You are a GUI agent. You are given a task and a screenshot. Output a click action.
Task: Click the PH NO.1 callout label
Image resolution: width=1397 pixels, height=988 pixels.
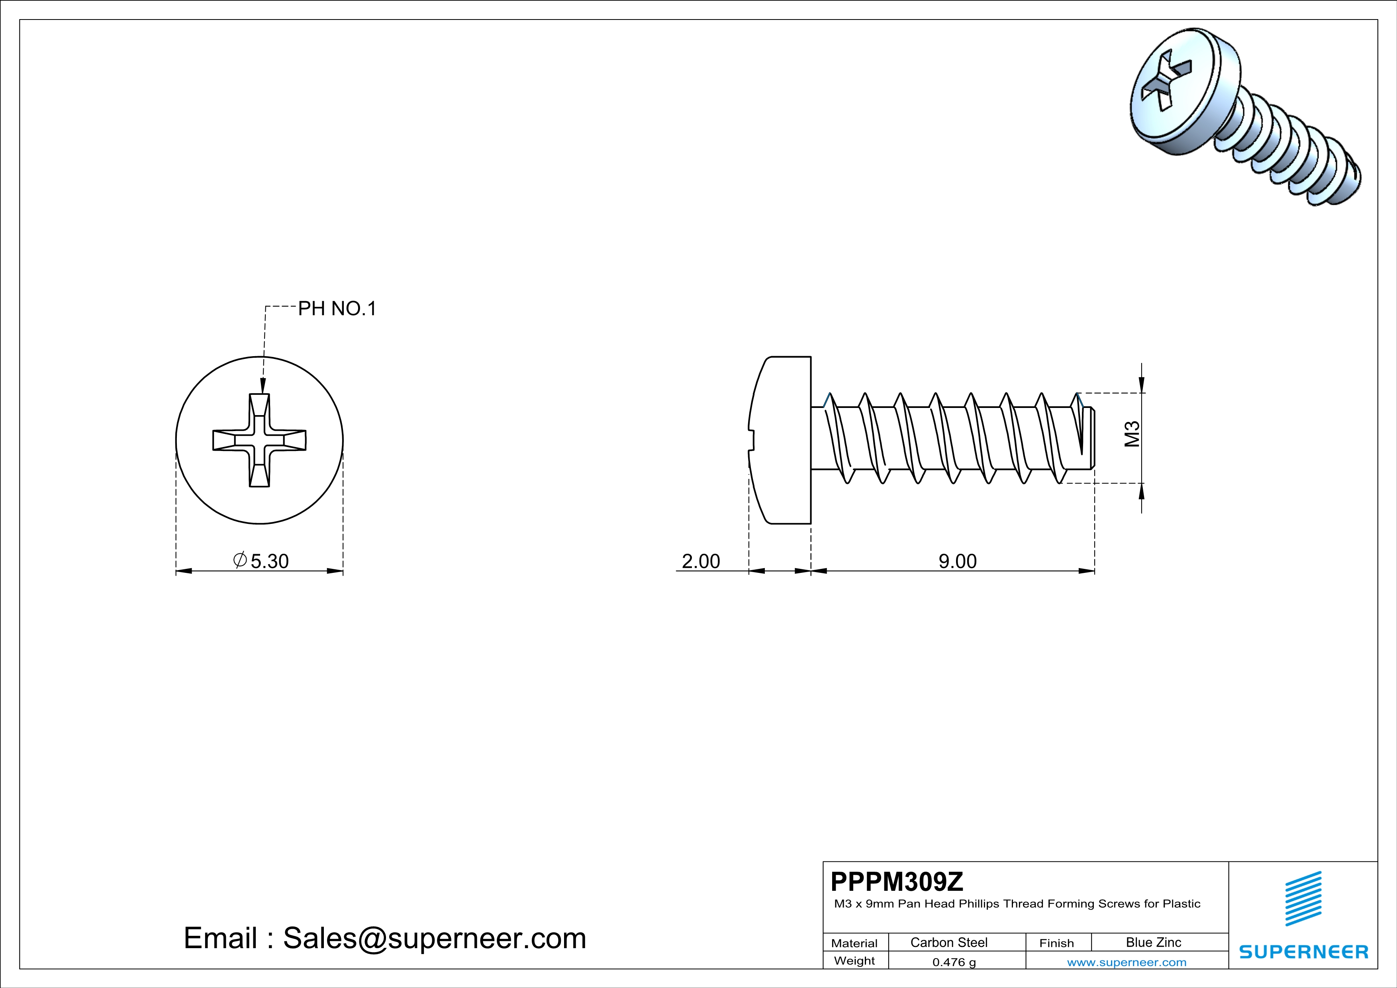click(x=337, y=309)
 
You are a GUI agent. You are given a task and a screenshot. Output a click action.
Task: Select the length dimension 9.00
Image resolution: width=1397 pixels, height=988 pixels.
click(x=957, y=561)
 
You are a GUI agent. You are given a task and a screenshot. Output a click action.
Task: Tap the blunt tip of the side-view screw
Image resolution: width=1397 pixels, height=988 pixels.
click(x=1091, y=439)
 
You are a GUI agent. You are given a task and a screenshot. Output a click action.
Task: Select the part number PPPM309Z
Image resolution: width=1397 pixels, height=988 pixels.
click(x=897, y=882)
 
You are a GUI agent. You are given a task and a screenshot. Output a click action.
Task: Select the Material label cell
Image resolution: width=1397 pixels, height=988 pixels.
click(x=854, y=943)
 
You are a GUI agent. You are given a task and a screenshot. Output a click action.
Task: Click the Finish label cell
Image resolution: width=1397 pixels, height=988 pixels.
click(x=1056, y=943)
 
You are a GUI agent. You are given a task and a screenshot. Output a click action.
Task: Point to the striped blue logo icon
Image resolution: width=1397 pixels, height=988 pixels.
click(x=1303, y=899)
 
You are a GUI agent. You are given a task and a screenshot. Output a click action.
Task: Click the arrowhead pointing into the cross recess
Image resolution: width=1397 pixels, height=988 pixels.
click(x=263, y=386)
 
